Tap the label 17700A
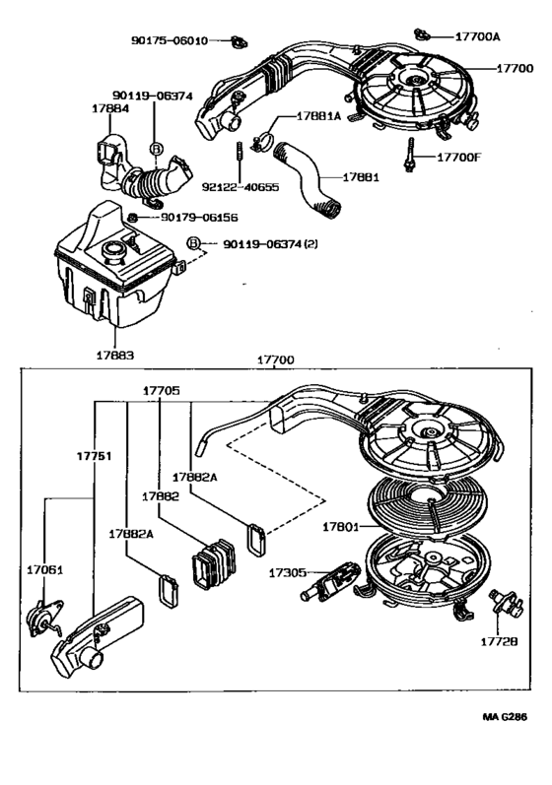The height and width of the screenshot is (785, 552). (x=477, y=35)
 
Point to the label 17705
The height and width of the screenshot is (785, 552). (x=161, y=390)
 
